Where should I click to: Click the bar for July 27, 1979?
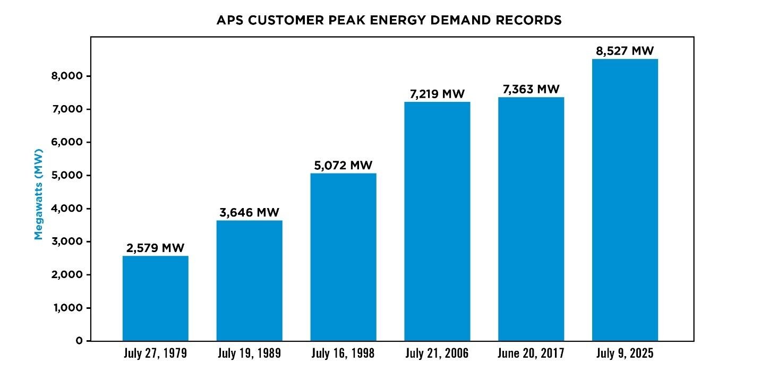155,298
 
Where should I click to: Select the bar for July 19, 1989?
249,280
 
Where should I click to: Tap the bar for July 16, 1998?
343,257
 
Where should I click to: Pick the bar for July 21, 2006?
437,221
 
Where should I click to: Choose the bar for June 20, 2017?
531,219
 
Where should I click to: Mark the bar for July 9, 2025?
625,200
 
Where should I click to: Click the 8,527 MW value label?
625,51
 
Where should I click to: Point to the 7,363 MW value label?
531,90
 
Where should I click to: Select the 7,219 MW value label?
437,94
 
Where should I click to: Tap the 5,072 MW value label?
343,166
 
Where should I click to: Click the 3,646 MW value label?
249,213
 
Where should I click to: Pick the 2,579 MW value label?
155,248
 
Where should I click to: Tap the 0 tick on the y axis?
79,341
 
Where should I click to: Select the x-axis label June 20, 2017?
531,353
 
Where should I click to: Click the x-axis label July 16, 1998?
343,353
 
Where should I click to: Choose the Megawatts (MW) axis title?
38,194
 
